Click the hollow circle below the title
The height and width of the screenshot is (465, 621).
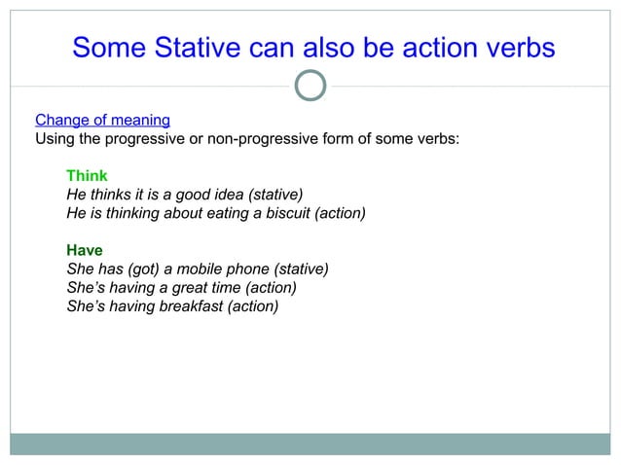(x=310, y=85)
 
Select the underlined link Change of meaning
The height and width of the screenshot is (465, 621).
(x=102, y=121)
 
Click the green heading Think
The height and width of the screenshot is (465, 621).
(x=87, y=176)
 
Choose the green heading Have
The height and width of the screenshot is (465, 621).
(x=85, y=250)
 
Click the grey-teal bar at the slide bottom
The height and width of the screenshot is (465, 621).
(x=310, y=444)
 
